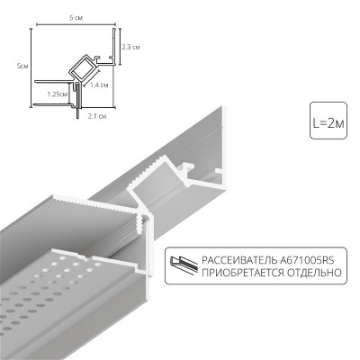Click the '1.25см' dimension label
58,93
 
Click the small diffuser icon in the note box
185,265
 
